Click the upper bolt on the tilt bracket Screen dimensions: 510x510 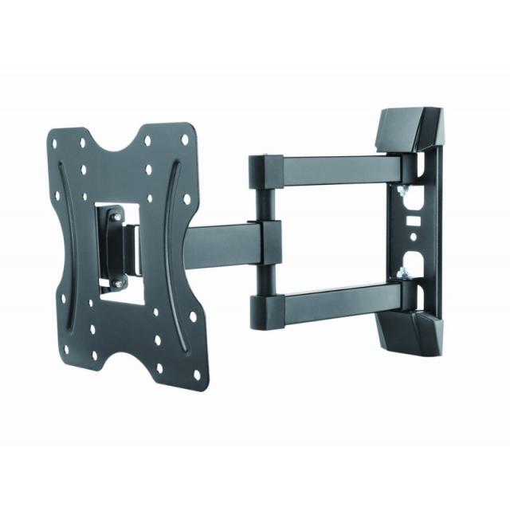point(116,216)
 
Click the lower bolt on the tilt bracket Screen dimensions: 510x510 point(119,283)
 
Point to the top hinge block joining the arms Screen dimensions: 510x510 point(262,171)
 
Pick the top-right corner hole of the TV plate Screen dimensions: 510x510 point(185,140)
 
